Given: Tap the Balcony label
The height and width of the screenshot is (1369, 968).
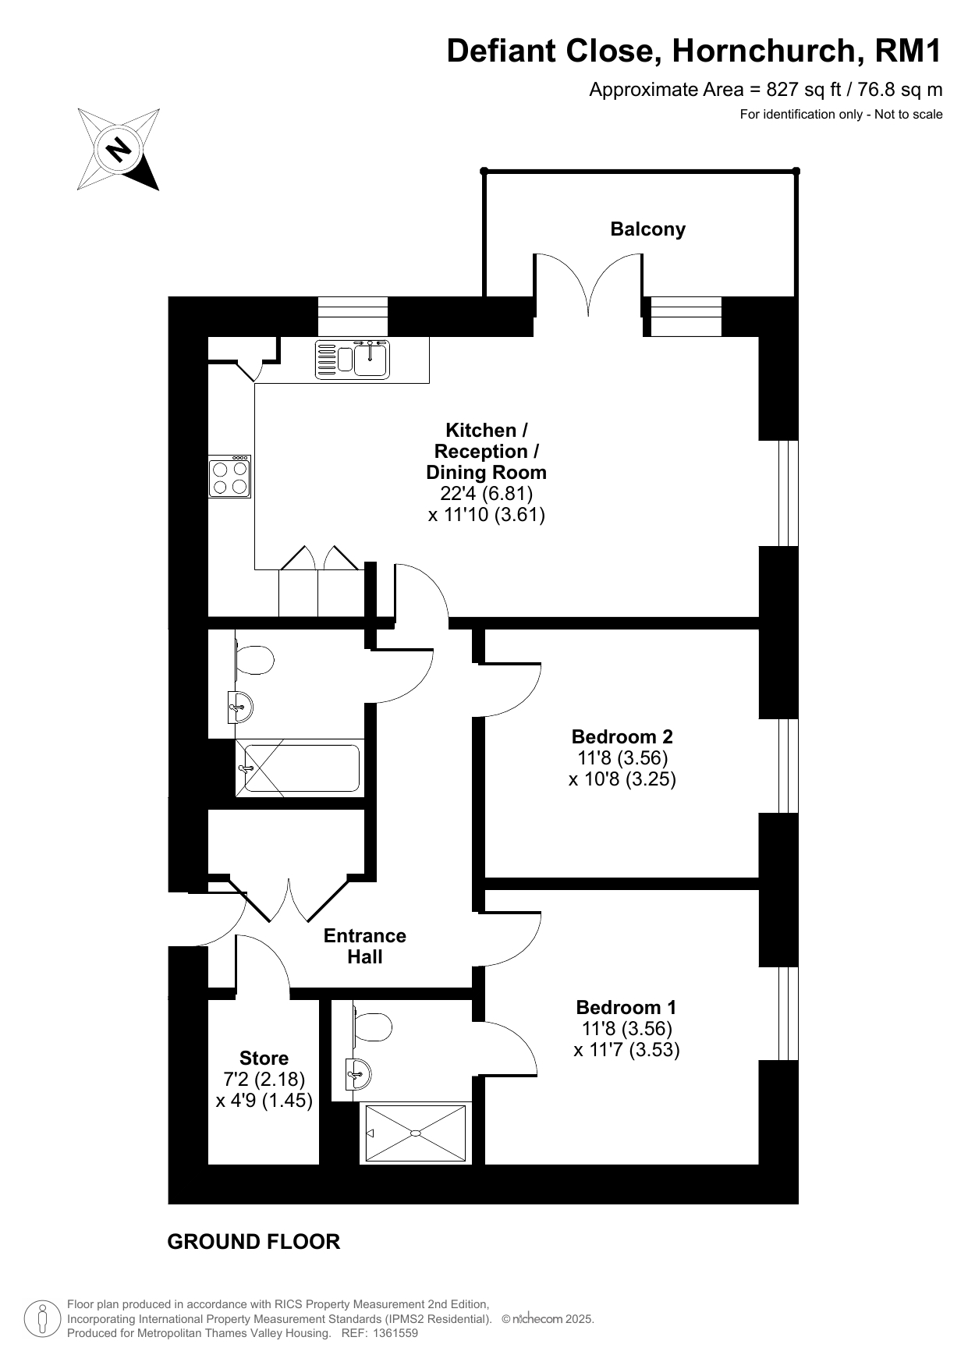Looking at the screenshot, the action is point(647,229).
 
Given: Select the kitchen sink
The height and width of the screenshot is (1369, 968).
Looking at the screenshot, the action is point(353,360).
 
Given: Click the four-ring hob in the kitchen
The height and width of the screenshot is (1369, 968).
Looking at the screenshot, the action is point(229,477).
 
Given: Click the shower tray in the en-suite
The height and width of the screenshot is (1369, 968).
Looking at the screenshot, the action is point(416,1133).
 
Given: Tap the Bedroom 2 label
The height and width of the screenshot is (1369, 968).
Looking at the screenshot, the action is point(622,736).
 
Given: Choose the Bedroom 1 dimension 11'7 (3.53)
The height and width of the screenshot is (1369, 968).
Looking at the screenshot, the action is point(626,1050).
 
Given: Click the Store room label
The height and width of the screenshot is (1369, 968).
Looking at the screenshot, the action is point(264,1059).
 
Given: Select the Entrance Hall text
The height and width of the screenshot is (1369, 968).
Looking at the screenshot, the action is point(365,946).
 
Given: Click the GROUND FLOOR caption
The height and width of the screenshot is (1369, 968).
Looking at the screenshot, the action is point(254,1242).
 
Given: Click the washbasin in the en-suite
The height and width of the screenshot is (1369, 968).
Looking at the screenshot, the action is point(359,1074).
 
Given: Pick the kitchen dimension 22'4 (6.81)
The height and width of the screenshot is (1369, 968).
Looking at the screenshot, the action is point(486,494).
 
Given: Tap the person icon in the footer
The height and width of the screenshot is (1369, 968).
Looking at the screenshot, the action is point(43,1319).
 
